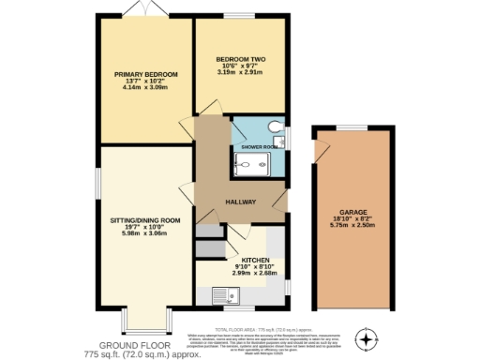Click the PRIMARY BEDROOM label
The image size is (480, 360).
145,74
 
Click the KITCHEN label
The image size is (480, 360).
256,259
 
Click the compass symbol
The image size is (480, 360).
367,337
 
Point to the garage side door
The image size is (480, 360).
322,150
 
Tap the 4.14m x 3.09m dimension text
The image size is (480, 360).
145,89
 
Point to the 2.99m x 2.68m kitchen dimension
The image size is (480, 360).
256,274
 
